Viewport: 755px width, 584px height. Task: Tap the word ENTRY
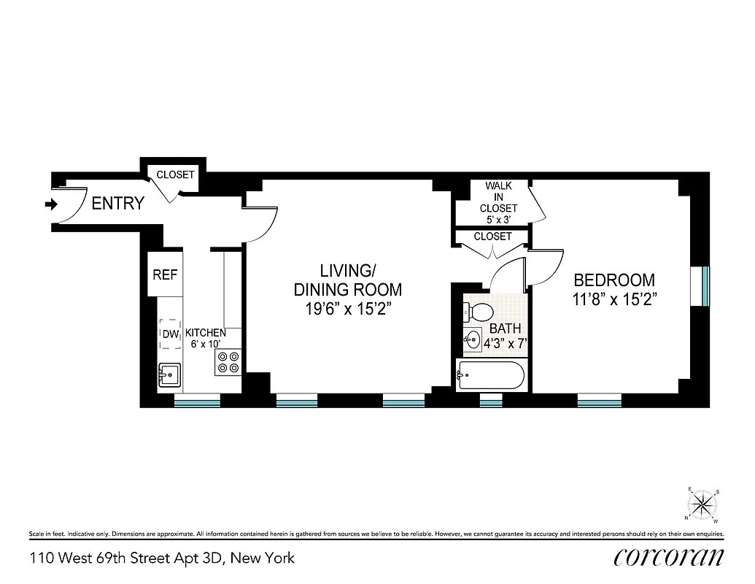117,204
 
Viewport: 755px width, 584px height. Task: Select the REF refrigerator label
165,275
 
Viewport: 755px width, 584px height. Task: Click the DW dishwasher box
170,334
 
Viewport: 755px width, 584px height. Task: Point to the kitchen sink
170,375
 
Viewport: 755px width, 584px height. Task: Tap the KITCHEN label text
205,333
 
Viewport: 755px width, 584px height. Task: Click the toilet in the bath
478,312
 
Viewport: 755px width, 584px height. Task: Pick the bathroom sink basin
472,339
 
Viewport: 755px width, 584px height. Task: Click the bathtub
490,377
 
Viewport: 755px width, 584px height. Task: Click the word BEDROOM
614,280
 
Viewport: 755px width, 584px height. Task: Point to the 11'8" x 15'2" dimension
614,299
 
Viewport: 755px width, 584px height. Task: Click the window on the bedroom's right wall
705,287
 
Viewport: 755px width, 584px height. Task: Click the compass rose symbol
703,504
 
